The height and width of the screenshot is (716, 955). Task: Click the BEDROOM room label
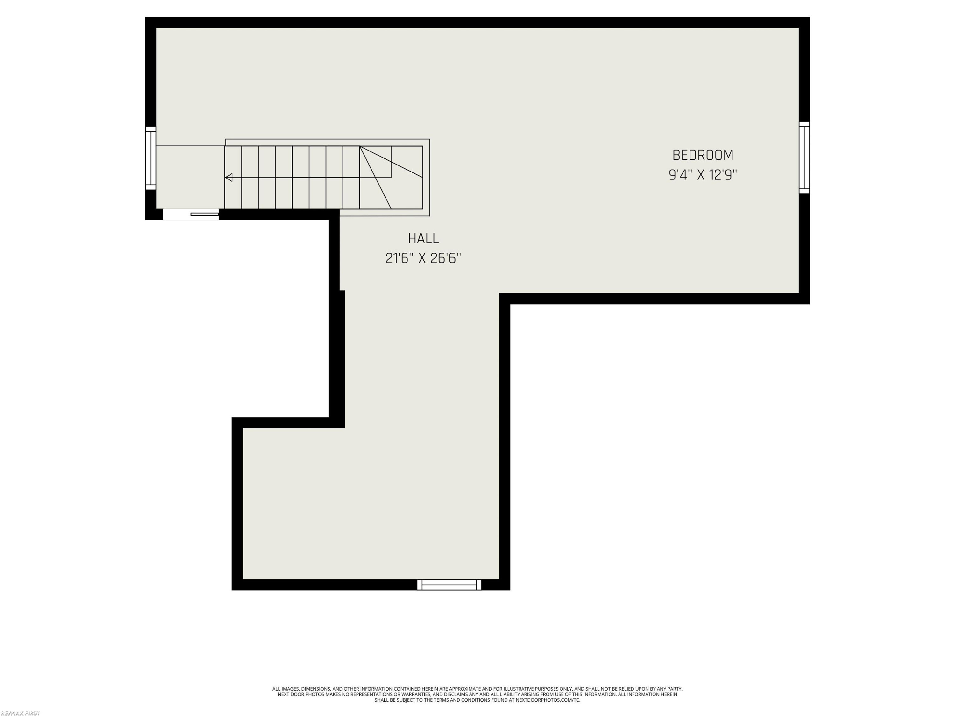pos(703,155)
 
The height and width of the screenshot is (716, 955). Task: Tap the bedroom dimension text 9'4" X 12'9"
pos(703,175)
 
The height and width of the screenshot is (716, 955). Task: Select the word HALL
pos(423,238)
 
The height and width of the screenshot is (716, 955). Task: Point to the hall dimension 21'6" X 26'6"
pos(423,258)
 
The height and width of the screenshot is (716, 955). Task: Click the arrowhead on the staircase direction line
pos(229,177)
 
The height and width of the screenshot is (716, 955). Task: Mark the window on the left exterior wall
pos(151,158)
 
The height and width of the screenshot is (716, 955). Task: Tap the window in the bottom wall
pos(449,585)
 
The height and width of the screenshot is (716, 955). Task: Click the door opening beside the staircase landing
pos(191,214)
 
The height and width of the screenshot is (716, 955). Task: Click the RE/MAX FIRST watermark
pos(20,713)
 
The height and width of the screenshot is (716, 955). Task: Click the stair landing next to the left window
pos(190,177)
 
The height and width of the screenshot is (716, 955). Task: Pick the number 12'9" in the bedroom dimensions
pos(723,175)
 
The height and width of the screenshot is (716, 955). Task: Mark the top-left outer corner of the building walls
pos(145,17)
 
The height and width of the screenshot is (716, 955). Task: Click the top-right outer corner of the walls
pos(810,17)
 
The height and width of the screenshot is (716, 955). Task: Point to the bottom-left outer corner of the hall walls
pos(232,590)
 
